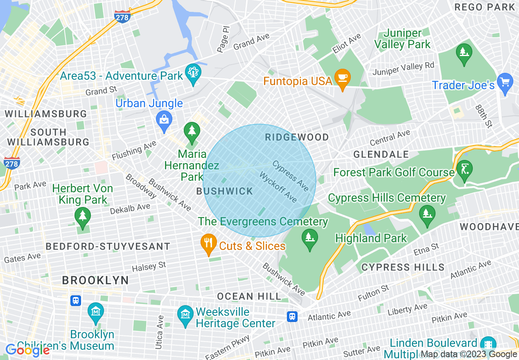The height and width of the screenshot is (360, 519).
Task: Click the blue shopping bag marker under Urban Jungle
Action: [164, 121]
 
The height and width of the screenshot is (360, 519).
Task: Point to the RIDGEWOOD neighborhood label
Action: [297, 137]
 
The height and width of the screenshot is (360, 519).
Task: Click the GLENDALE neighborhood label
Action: [381, 154]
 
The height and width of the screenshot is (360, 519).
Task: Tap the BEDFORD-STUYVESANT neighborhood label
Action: [108, 246]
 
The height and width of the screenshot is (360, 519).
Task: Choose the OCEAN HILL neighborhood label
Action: [249, 296]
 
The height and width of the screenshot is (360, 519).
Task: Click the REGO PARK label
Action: [485, 7]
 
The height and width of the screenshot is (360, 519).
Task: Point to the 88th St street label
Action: [483, 116]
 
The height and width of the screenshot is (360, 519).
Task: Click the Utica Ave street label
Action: [159, 332]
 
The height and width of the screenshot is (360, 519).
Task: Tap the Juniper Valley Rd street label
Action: [403, 69]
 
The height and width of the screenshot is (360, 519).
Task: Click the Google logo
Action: [27, 350]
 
